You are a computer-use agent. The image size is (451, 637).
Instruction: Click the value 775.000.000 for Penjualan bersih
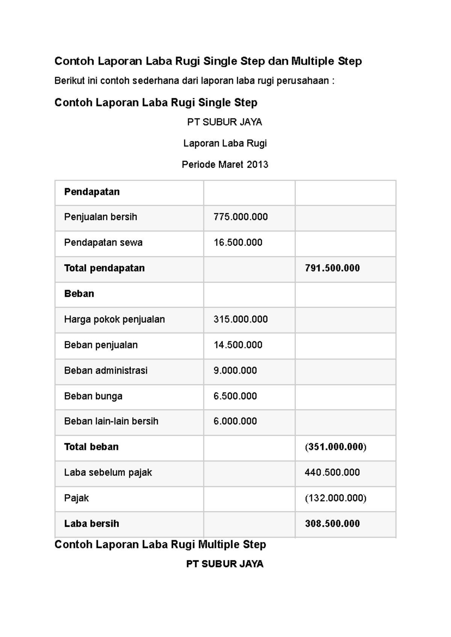[241, 217]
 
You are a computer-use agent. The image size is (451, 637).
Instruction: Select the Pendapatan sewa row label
[103, 243]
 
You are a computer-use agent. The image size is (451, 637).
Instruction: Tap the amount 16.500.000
[238, 243]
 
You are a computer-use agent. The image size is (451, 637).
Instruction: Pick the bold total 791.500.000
[332, 268]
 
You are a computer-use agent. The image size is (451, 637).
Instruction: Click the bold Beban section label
[79, 294]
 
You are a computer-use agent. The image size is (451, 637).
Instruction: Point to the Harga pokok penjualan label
[114, 319]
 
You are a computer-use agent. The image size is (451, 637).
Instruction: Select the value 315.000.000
[241, 319]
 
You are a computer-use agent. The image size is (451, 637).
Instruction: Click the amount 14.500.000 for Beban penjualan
[238, 345]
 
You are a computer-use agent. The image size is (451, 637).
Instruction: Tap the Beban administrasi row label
[106, 370]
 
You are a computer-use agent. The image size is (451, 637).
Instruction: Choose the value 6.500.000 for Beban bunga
[235, 396]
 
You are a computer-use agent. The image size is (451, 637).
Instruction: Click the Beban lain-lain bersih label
[111, 421]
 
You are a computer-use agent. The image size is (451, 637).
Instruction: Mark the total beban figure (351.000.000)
[335, 447]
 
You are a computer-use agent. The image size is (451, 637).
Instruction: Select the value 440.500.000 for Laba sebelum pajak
[332, 472]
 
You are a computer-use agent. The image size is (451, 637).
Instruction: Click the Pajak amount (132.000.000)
[335, 498]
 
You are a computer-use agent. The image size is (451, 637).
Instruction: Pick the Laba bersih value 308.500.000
[332, 523]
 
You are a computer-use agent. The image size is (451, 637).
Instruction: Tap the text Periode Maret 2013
[225, 164]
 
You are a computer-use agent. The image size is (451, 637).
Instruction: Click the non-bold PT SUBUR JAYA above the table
[225, 122]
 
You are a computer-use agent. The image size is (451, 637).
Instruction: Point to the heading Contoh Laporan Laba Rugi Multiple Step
[160, 544]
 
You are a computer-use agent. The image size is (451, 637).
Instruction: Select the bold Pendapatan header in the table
[92, 192]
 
